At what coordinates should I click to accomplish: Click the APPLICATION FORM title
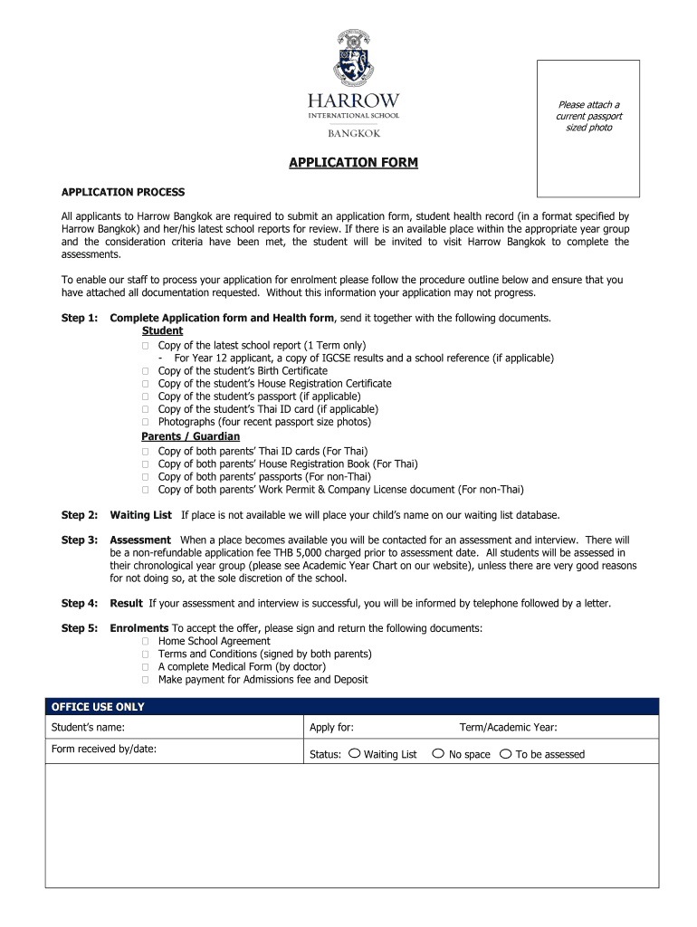click(x=353, y=163)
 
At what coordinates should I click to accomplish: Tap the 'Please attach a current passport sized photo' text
click(x=587, y=116)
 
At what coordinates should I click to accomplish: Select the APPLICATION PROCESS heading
click(x=122, y=192)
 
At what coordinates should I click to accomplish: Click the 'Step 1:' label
click(x=79, y=318)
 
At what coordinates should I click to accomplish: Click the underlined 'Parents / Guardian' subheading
click(x=190, y=436)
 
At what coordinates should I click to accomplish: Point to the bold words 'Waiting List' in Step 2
click(x=140, y=515)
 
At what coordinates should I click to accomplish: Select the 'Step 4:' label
click(x=79, y=603)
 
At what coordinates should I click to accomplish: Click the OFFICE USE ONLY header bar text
click(x=98, y=707)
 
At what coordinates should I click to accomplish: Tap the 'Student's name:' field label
click(x=88, y=727)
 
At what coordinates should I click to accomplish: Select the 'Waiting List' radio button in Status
click(x=354, y=753)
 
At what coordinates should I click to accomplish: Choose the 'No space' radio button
click(x=438, y=753)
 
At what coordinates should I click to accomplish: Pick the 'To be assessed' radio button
click(x=505, y=753)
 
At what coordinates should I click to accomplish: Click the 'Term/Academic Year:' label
click(x=508, y=727)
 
